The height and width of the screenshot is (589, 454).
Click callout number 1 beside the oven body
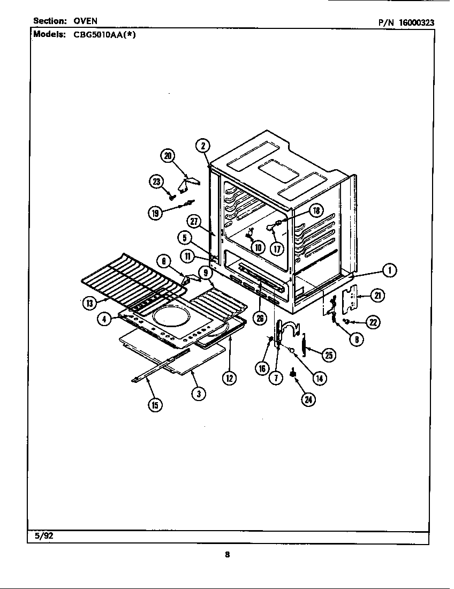pos(391,271)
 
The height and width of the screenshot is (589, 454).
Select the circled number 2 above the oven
pos(202,145)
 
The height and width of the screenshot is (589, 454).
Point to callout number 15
pos(154,405)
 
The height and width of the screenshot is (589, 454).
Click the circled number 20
pos(168,156)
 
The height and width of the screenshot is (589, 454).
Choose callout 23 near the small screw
pos(156,182)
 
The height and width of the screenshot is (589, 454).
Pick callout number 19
pos(155,213)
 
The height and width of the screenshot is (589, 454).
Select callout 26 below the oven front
pos(260,319)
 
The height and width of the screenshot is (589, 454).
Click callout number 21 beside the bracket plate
pos(378,295)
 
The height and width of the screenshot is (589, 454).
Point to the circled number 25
pos(328,353)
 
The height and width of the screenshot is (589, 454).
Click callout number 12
pos(229,377)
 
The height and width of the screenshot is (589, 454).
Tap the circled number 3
pos(199,394)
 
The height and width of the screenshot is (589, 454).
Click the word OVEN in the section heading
pos(85,21)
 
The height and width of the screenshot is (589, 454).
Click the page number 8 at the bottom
pos(227,555)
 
